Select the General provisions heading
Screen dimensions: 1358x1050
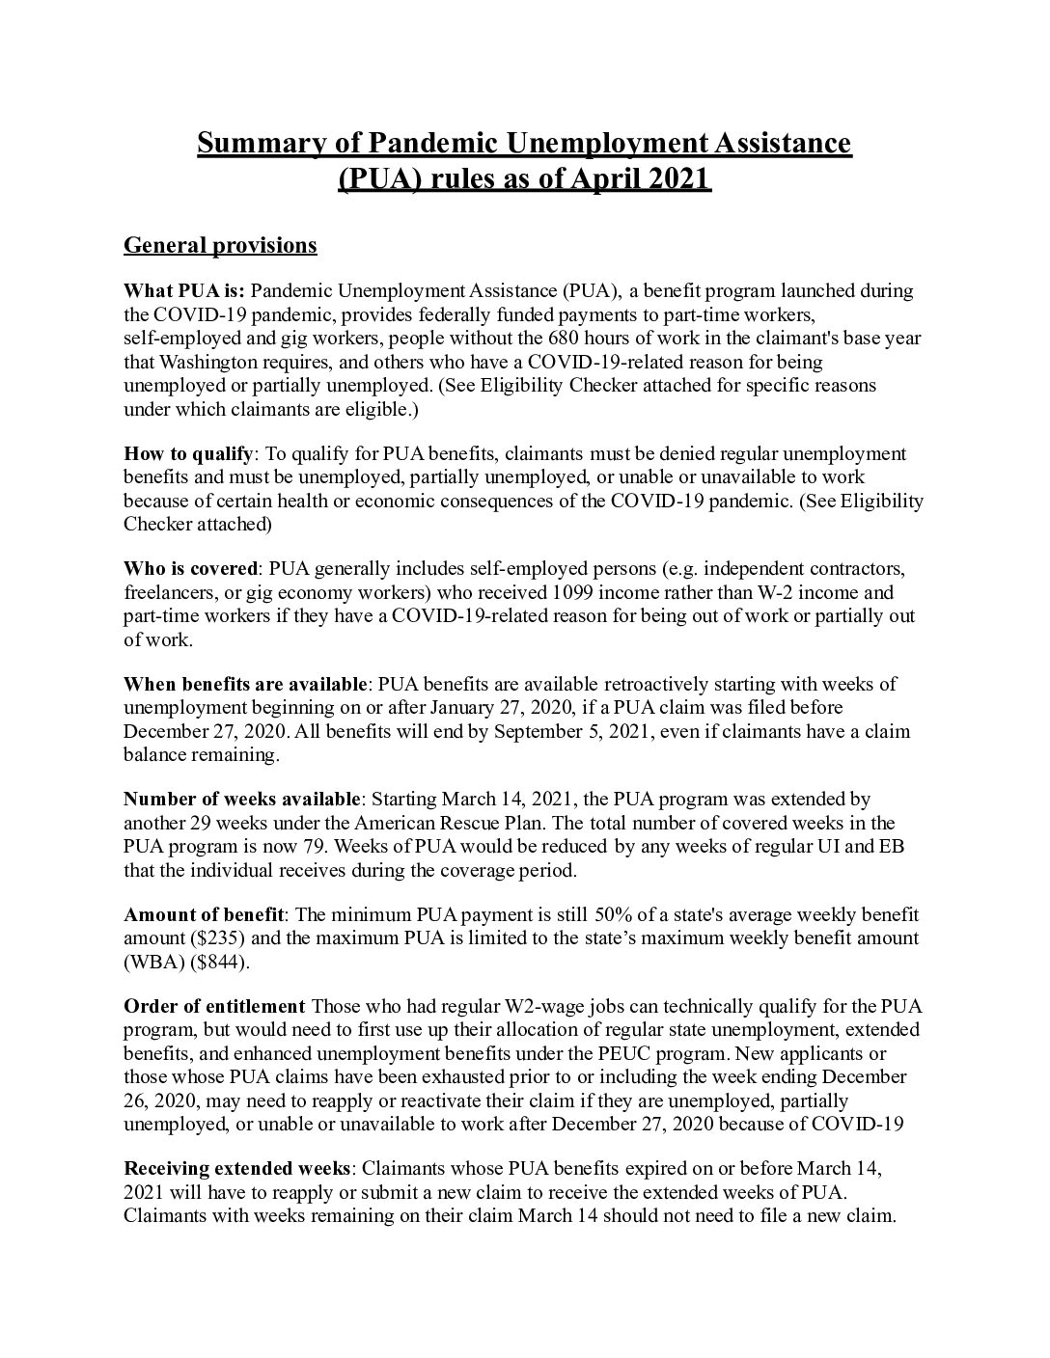click(220, 246)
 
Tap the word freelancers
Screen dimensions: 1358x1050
click(169, 592)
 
